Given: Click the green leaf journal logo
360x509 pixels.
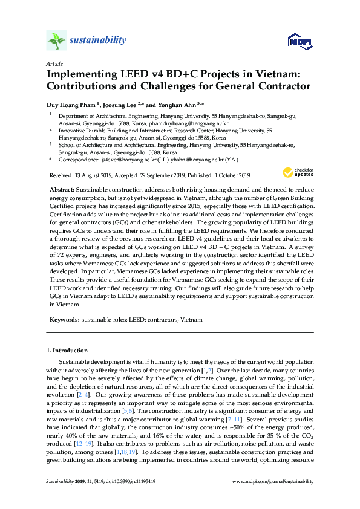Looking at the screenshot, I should pyautogui.click(x=57, y=41).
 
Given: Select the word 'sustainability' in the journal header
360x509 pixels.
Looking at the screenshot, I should pyautogui.click(x=98, y=41).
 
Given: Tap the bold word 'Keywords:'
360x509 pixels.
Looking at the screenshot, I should pyautogui.click(x=64, y=319).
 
